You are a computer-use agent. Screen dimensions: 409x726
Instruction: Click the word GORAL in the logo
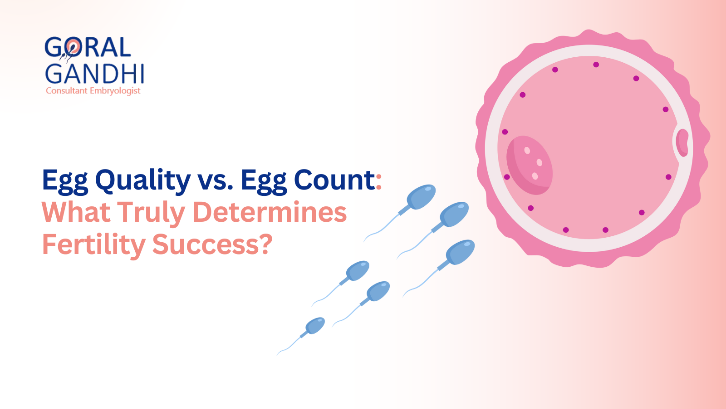point(88,48)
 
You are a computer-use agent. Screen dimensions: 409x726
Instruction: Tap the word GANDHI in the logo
point(94,74)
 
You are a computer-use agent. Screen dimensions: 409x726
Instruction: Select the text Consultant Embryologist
point(93,91)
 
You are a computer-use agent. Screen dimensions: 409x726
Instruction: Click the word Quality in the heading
point(143,180)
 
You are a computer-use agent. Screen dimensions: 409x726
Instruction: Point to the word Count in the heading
point(334,180)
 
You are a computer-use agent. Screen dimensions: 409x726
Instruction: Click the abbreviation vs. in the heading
point(216,180)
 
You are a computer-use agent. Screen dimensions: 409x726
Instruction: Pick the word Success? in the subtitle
point(212,244)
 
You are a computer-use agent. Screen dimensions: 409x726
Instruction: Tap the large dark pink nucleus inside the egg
point(529,165)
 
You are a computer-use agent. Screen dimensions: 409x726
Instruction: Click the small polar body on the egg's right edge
point(682,142)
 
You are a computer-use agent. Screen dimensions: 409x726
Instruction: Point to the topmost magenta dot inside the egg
point(596,65)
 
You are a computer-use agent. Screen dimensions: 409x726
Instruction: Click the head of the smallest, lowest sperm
point(315,326)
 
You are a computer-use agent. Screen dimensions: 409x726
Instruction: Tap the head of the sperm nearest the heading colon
point(421,196)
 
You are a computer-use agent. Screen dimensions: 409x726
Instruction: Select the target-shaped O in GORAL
point(73,47)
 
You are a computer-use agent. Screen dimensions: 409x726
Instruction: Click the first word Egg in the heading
point(65,180)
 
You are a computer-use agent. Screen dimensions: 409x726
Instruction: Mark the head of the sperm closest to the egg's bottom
point(460,252)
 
